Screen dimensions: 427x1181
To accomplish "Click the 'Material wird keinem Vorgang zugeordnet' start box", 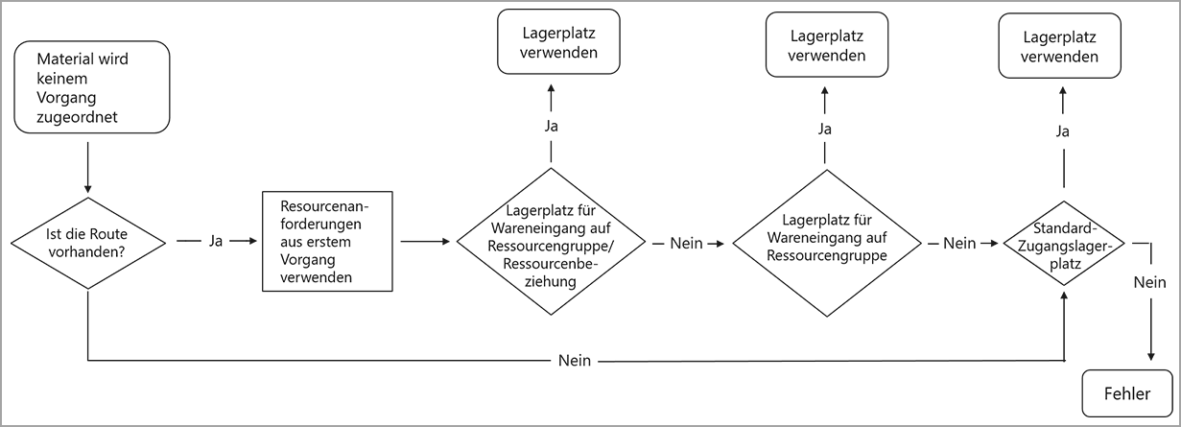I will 92,88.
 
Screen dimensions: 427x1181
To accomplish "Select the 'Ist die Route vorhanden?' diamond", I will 87,243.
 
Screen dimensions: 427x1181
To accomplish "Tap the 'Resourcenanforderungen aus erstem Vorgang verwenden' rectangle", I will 328,242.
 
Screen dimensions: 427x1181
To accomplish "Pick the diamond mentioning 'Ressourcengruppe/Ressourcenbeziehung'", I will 551,242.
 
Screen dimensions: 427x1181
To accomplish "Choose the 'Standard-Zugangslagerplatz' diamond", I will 1062,244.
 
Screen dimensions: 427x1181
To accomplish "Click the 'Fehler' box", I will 1127,393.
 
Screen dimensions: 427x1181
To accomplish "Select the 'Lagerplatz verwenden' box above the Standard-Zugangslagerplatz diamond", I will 1060,46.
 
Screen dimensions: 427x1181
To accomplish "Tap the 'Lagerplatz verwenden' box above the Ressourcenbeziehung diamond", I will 558,42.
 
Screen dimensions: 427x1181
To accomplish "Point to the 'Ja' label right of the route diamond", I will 216,242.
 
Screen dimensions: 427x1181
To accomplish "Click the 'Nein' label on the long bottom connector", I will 575,361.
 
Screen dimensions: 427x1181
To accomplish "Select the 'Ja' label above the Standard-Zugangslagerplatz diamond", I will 1063,131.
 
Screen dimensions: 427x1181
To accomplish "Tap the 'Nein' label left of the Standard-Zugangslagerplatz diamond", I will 959,244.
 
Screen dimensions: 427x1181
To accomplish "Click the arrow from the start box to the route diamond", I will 87,168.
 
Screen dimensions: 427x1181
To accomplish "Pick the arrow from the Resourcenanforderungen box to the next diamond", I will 424,242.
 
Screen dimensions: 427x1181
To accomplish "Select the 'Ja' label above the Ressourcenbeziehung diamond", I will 551,126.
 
